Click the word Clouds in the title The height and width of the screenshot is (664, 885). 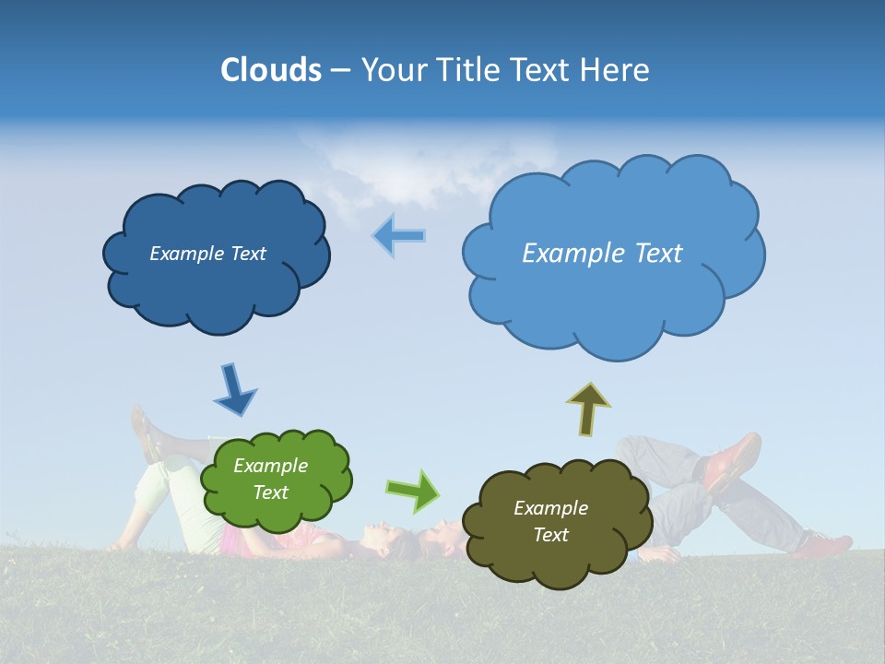pyautogui.click(x=270, y=70)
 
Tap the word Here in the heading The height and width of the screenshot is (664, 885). pyautogui.click(x=614, y=70)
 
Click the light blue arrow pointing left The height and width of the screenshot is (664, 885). pyautogui.click(x=399, y=236)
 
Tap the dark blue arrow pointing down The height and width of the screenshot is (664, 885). pyautogui.click(x=234, y=389)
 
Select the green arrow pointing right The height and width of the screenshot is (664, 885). pyautogui.click(x=413, y=491)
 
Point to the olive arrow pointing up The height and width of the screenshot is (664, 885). pyautogui.click(x=588, y=409)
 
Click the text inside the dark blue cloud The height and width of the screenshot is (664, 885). pyautogui.click(x=207, y=254)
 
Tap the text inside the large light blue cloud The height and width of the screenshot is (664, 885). pyautogui.click(x=602, y=254)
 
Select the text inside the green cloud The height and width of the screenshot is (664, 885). pyautogui.click(x=270, y=479)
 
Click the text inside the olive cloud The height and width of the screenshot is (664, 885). pyautogui.click(x=550, y=521)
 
